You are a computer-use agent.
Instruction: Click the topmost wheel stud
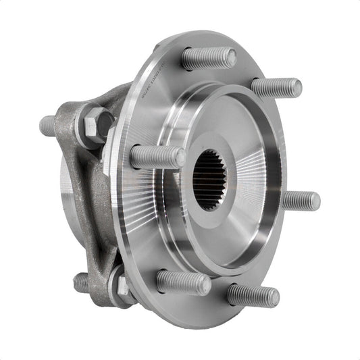[208, 58]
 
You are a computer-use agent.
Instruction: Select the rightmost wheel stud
[300, 201]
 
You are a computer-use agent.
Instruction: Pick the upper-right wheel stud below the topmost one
[276, 87]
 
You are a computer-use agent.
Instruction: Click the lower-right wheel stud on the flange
[253, 294]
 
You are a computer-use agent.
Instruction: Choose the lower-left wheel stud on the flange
[182, 282]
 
